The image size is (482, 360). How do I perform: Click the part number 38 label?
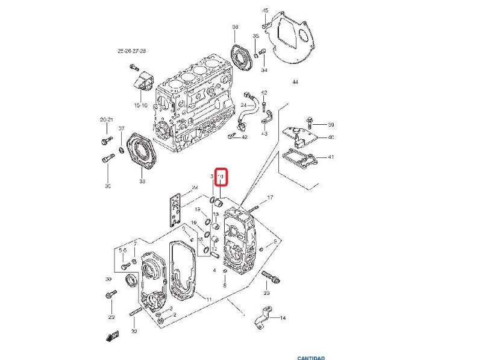(x=235, y=27)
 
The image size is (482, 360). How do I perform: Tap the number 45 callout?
(x=265, y=11)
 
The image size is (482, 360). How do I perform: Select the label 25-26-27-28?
(x=131, y=52)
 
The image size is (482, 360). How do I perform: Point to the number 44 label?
(x=295, y=81)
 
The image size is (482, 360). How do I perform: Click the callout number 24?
(x=243, y=106)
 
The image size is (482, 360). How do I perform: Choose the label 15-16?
(x=140, y=106)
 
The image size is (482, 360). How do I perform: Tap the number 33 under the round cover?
(x=142, y=181)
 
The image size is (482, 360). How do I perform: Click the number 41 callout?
(x=331, y=157)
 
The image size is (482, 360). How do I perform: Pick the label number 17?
(x=271, y=197)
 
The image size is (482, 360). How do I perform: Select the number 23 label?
(x=266, y=294)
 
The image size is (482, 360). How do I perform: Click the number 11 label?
(x=208, y=300)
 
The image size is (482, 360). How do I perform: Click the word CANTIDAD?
(x=311, y=357)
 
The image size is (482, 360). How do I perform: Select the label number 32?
(x=134, y=332)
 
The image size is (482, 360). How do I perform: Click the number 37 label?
(x=121, y=129)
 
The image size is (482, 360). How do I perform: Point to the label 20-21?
(x=107, y=120)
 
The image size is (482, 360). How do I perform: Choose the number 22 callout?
(x=195, y=188)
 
